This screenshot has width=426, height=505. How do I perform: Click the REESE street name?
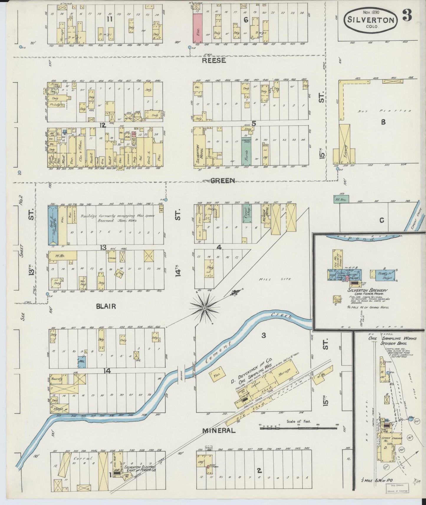pyautogui.click(x=214, y=61)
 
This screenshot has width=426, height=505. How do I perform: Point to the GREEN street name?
pyautogui.click(x=223, y=181)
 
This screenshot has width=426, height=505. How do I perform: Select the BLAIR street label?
pyautogui.click(x=106, y=306)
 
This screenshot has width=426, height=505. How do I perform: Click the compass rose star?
pyautogui.click(x=203, y=308)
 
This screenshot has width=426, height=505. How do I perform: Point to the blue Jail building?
pyautogui.click(x=82, y=362)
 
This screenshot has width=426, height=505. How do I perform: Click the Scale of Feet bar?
pyautogui.click(x=300, y=427)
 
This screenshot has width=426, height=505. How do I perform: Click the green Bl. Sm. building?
pyautogui.click(x=341, y=199)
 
